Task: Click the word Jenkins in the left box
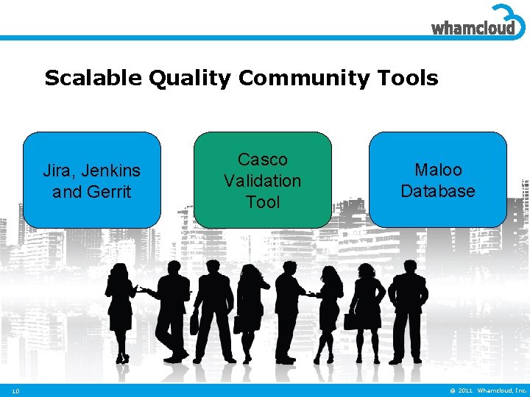[x=110, y=171]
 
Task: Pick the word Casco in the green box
[x=263, y=160]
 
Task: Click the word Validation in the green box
[x=263, y=180]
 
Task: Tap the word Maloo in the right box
[x=438, y=170]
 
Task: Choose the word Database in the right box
[x=438, y=191]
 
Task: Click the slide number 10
[x=15, y=390]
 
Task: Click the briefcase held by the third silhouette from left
[x=195, y=323]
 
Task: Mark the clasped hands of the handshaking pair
[x=311, y=294]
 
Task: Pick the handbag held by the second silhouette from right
[x=351, y=321]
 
